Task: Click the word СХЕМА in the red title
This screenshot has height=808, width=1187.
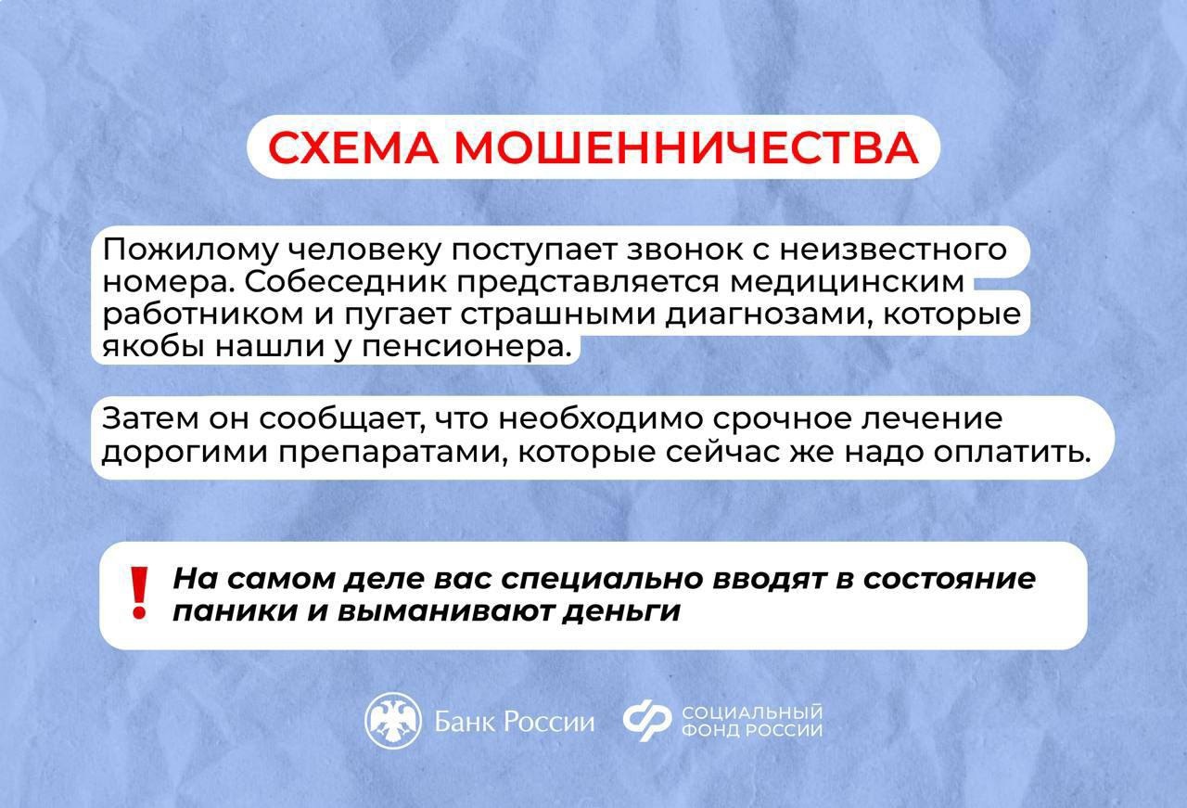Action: pyautogui.click(x=353, y=147)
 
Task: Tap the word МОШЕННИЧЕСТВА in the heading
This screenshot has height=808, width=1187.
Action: pyautogui.click(x=687, y=147)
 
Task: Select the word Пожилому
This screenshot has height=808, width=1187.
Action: pyautogui.click(x=190, y=250)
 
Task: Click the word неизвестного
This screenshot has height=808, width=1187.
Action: pyautogui.click(x=893, y=250)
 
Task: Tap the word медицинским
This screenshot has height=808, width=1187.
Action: pyautogui.click(x=847, y=282)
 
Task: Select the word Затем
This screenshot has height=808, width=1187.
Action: pyautogui.click(x=149, y=418)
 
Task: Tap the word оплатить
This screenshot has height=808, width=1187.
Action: pyautogui.click(x=1012, y=452)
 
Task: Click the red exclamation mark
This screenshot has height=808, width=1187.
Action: pyautogui.click(x=139, y=593)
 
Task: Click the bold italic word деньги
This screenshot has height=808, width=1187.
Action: pyautogui.click(x=621, y=612)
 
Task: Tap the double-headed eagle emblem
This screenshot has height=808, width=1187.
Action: pyautogui.click(x=393, y=721)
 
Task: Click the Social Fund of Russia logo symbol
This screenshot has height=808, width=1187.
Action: pyautogui.click(x=646, y=721)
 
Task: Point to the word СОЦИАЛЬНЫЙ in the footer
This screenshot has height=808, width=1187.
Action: pyautogui.click(x=752, y=712)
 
